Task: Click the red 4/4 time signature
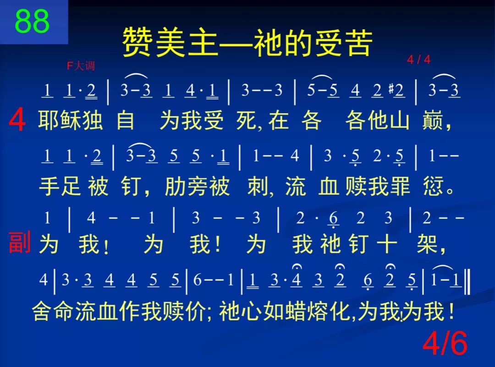pos(418,60)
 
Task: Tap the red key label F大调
pos(81,66)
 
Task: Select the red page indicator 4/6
pos(445,344)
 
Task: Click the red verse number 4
pos(17,121)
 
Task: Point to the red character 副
pos(19,243)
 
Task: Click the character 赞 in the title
pos(137,42)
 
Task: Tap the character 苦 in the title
pos(357,42)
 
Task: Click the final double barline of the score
pos(467,281)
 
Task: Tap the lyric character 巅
pos(432,121)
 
